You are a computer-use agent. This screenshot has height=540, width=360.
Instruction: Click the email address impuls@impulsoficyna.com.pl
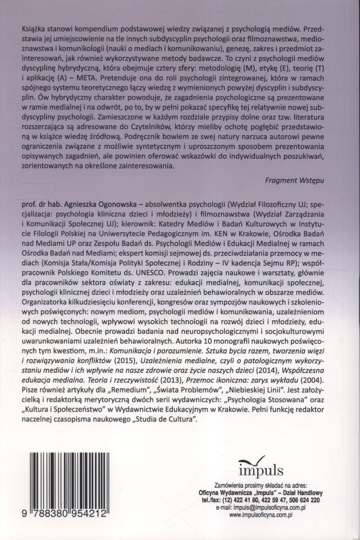[x=269, y=508]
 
